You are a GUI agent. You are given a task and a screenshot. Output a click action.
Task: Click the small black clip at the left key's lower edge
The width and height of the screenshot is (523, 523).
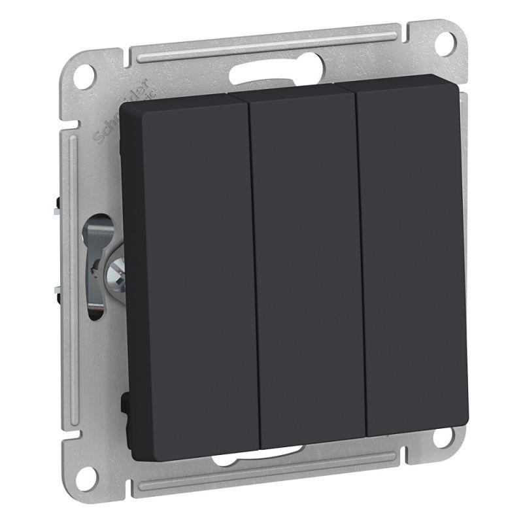click(124, 402)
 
